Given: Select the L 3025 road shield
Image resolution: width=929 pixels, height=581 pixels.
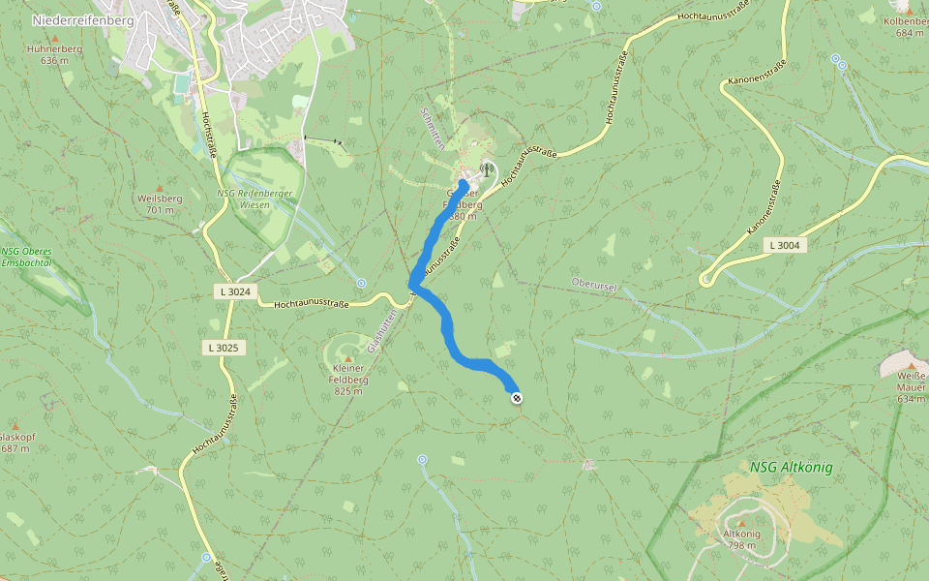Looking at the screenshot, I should point(222,347).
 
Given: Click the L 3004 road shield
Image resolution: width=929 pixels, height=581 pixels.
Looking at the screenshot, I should point(785,245).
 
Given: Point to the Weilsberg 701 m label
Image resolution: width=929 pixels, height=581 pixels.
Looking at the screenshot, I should point(160,202).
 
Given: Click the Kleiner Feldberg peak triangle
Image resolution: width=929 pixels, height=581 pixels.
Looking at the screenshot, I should point(348,358).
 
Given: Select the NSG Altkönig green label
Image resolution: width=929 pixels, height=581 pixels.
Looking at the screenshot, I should point(791,467).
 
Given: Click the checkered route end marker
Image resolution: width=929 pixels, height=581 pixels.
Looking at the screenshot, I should point(517,397).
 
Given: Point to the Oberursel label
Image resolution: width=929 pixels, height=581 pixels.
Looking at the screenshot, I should point(595,285).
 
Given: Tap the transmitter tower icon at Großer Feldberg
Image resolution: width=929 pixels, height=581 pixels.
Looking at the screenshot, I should point(486,168).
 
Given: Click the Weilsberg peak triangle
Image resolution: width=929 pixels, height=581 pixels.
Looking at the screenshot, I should point(160,187).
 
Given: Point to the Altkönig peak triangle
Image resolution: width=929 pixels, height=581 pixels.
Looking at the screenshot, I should point(742,523).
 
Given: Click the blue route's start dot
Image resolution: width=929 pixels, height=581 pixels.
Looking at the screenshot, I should point(464,184).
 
